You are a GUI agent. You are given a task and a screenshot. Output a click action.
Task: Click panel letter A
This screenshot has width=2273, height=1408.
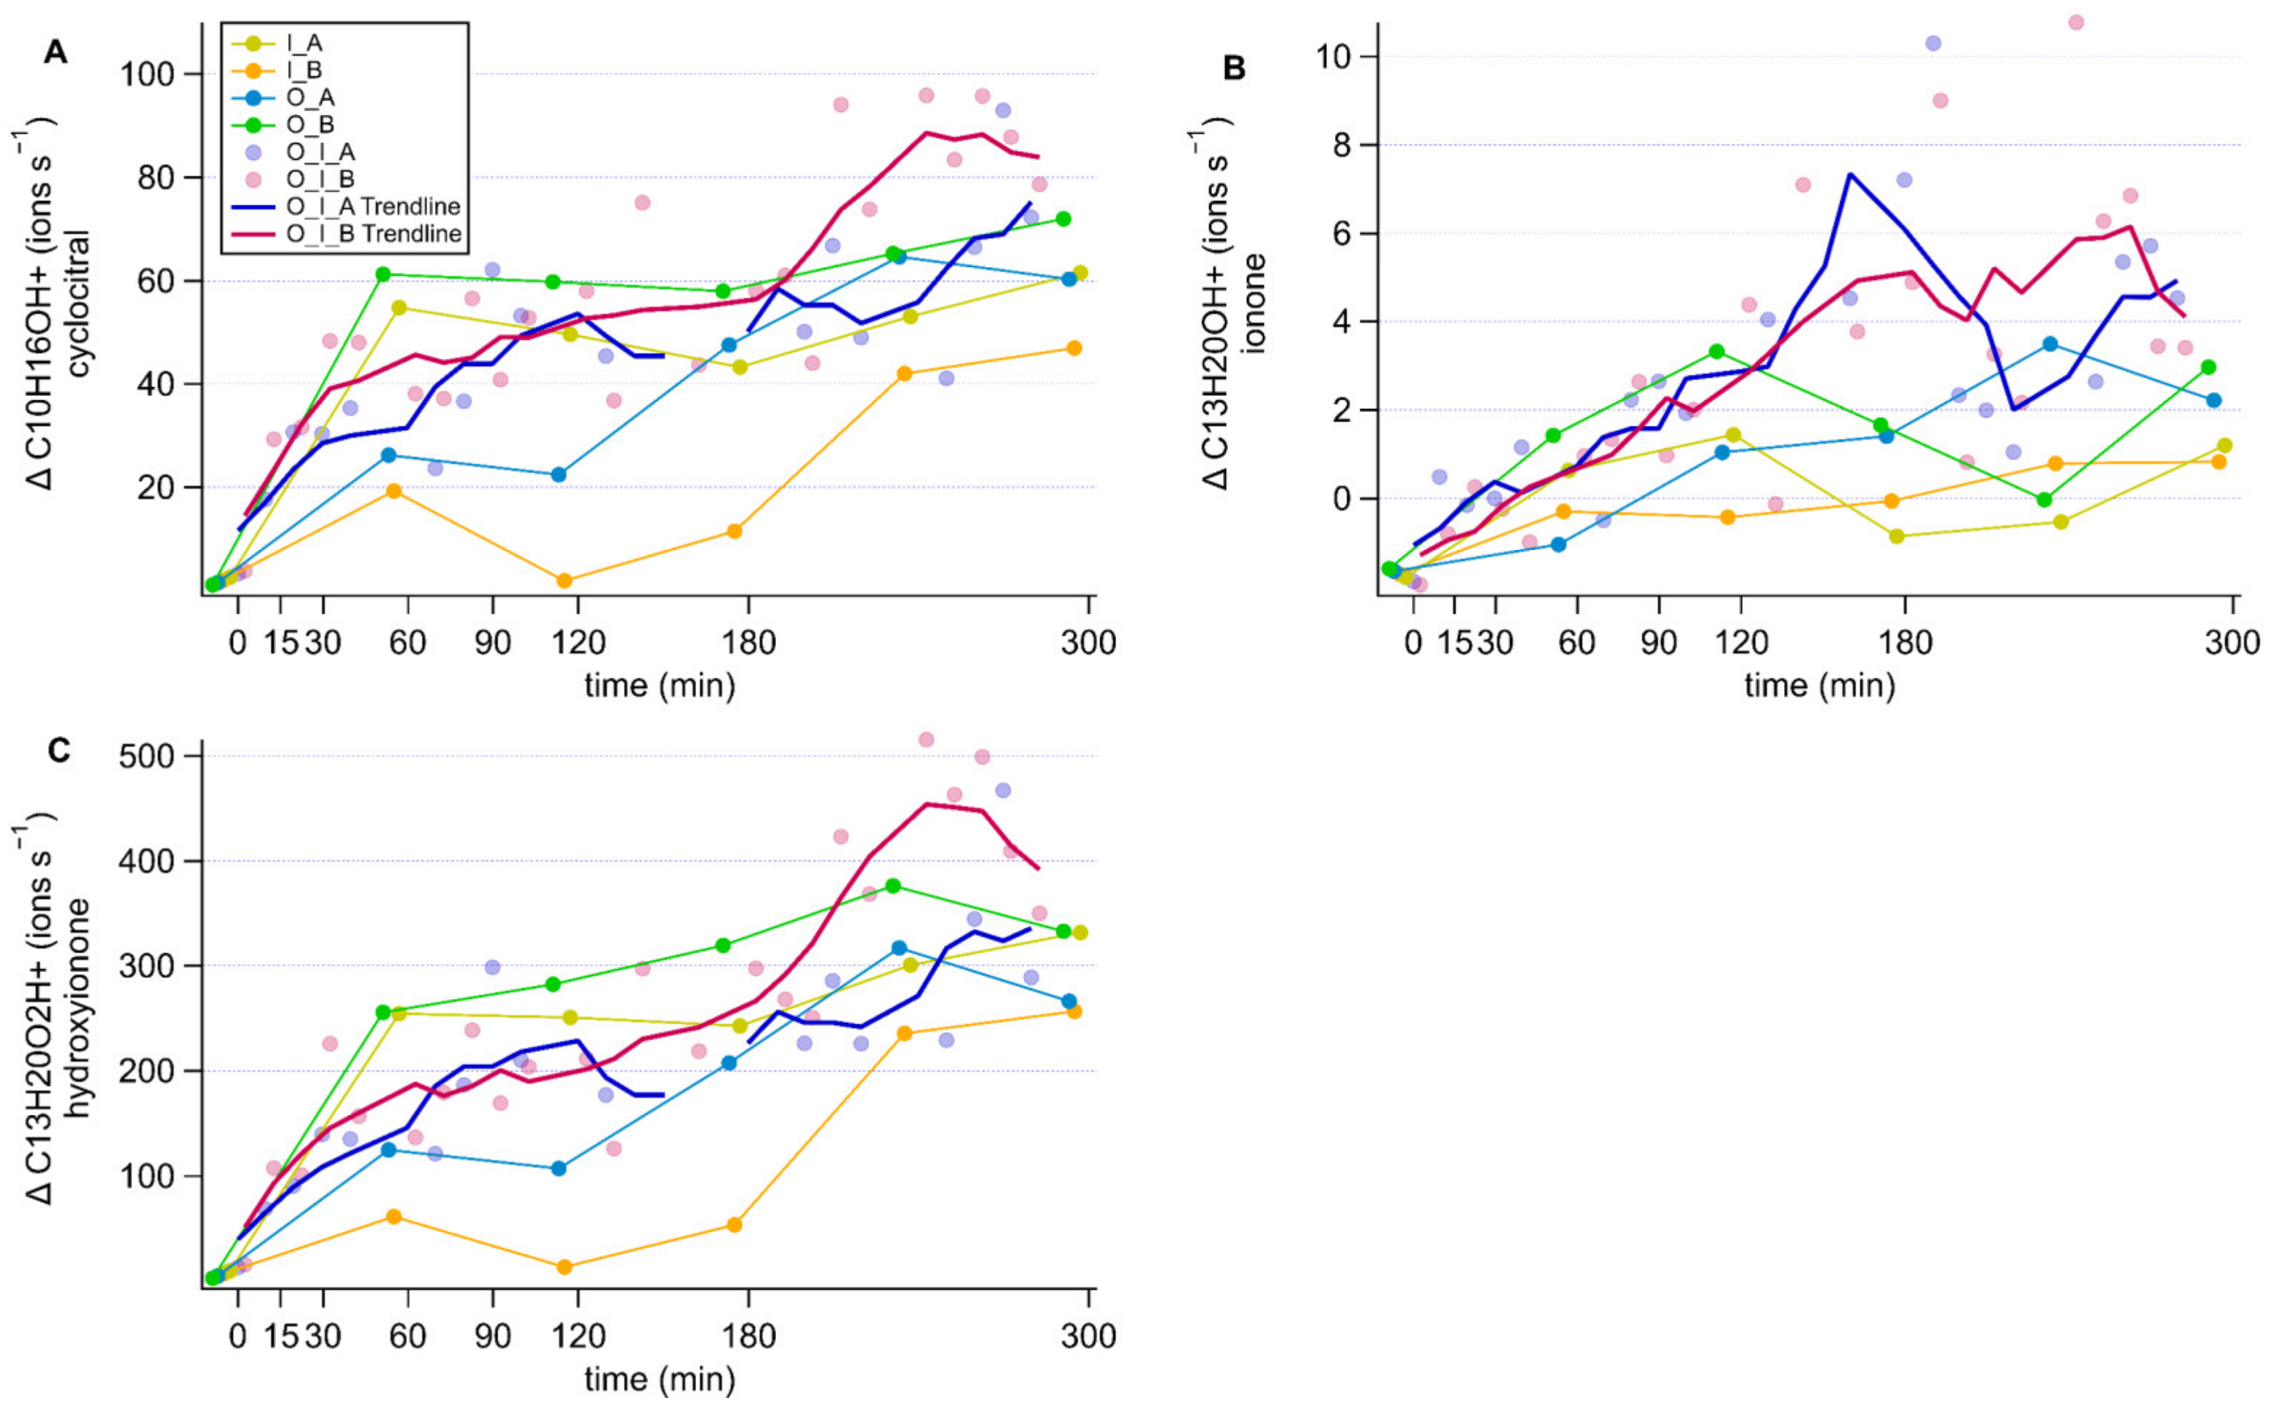(56, 52)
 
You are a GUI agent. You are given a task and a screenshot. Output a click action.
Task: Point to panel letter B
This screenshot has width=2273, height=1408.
(1234, 68)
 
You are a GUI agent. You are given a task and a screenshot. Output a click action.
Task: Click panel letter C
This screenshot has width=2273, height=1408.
(59, 750)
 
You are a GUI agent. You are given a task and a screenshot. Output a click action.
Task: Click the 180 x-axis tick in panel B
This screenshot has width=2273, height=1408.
(1905, 642)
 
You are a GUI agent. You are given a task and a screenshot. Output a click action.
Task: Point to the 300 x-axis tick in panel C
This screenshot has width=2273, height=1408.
(1088, 1335)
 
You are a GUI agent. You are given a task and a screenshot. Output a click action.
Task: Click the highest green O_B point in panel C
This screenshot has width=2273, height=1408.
(892, 886)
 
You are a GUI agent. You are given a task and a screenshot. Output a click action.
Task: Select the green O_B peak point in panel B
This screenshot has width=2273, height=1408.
(1716, 351)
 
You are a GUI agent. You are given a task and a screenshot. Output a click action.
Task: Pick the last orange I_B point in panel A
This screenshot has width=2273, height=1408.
(1074, 348)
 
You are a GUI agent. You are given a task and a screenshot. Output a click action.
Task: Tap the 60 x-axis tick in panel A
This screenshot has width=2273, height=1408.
(408, 642)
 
